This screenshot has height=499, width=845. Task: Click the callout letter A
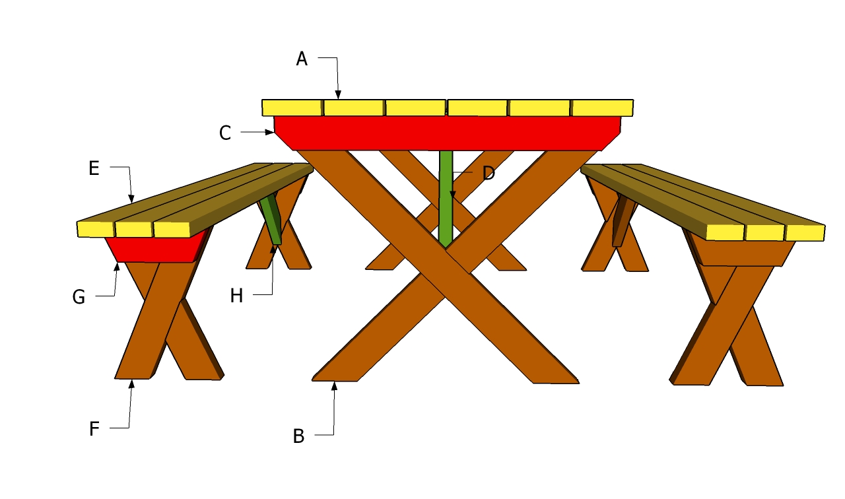(302, 59)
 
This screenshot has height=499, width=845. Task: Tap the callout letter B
(298, 436)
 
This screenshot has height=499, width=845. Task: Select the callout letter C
(225, 133)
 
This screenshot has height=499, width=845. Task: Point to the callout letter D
(489, 174)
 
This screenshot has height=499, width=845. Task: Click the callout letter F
(94, 430)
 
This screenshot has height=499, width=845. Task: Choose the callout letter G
(79, 298)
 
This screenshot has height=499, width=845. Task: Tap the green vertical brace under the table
(446, 198)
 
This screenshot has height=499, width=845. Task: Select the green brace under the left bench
(271, 218)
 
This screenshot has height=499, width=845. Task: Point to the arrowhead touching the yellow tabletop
(338, 94)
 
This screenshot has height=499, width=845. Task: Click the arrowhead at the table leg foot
(335, 386)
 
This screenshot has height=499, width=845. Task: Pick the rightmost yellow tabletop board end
(602, 108)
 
